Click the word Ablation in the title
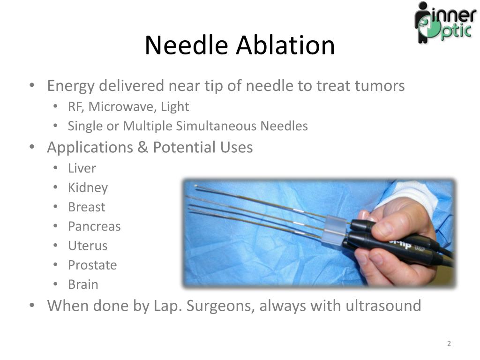285,45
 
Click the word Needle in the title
187,45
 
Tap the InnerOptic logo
445,22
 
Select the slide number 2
449,344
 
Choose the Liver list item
82,168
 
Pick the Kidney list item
88,188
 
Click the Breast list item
86,207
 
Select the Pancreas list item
94,226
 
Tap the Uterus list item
88,246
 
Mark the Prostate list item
92,265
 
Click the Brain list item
83,285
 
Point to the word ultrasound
383,306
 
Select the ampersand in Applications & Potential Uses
142,147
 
